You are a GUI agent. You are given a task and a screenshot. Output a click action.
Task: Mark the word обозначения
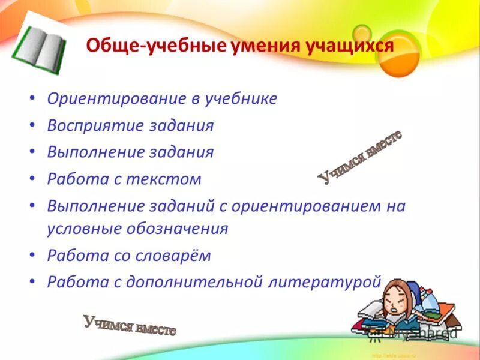177,229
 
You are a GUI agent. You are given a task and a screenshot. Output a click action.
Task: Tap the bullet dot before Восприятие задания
32,125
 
